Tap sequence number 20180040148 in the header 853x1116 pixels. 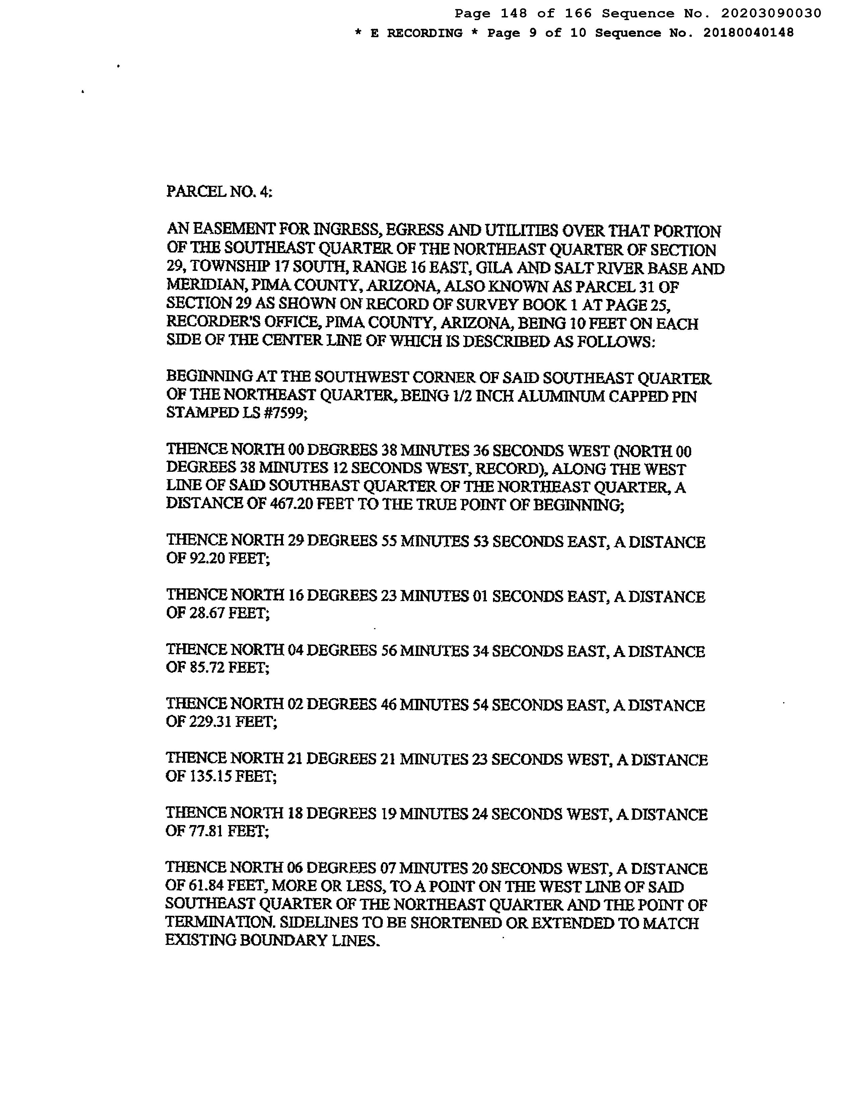point(749,33)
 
